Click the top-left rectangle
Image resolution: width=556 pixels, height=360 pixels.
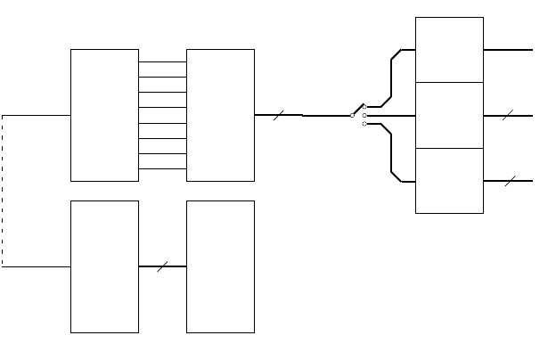pos(104,115)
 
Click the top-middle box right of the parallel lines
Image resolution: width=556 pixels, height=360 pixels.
pos(220,115)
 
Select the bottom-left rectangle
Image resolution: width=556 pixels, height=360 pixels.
pos(104,266)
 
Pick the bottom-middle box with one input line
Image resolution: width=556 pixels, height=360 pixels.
pos(220,266)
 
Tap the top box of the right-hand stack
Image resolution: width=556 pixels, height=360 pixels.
pos(449,50)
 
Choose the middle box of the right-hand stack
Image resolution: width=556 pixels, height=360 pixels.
pos(449,115)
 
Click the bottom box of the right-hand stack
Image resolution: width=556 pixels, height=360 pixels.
pos(449,181)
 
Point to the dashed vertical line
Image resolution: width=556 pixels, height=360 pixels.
pos(2,191)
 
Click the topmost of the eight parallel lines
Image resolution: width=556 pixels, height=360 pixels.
pos(162,62)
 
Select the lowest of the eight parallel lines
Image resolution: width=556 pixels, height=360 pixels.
pos(162,168)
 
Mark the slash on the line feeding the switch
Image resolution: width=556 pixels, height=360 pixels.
pos(279,115)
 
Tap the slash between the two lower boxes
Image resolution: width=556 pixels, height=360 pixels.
pos(162,266)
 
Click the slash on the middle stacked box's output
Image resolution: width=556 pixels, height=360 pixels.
pos(508,115)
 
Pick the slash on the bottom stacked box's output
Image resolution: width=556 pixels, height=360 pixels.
pos(509,181)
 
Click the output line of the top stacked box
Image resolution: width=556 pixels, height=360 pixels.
pos(508,50)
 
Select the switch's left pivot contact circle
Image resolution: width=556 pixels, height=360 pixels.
pos(353,115)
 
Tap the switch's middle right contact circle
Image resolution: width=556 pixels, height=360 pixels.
pos(364,115)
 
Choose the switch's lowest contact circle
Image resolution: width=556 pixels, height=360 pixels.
pos(364,124)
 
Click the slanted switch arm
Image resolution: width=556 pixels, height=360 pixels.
pos(358,110)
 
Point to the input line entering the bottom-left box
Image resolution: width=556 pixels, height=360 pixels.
pos(36,266)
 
